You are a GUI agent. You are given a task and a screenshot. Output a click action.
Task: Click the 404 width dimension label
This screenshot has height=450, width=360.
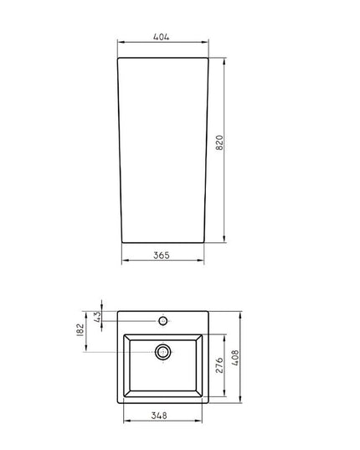(x=162, y=37)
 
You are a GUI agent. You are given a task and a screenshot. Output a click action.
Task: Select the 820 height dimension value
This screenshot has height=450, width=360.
(x=219, y=142)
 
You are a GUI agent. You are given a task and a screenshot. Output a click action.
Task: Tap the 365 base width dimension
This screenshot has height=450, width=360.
(x=162, y=255)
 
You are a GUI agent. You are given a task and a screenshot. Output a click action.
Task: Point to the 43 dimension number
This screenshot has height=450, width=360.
(x=98, y=317)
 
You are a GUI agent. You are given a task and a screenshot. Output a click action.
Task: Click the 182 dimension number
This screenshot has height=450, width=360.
(x=80, y=329)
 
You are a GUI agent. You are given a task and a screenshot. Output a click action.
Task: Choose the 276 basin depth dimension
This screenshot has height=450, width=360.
(x=219, y=365)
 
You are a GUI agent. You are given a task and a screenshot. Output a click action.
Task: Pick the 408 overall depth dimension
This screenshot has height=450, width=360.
(x=235, y=357)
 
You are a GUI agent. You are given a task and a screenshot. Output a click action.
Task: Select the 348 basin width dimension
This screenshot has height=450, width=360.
(x=159, y=416)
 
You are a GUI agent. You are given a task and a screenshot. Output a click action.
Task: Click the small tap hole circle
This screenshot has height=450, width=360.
(x=163, y=321)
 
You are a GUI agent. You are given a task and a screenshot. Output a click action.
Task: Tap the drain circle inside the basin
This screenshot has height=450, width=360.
(x=163, y=352)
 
